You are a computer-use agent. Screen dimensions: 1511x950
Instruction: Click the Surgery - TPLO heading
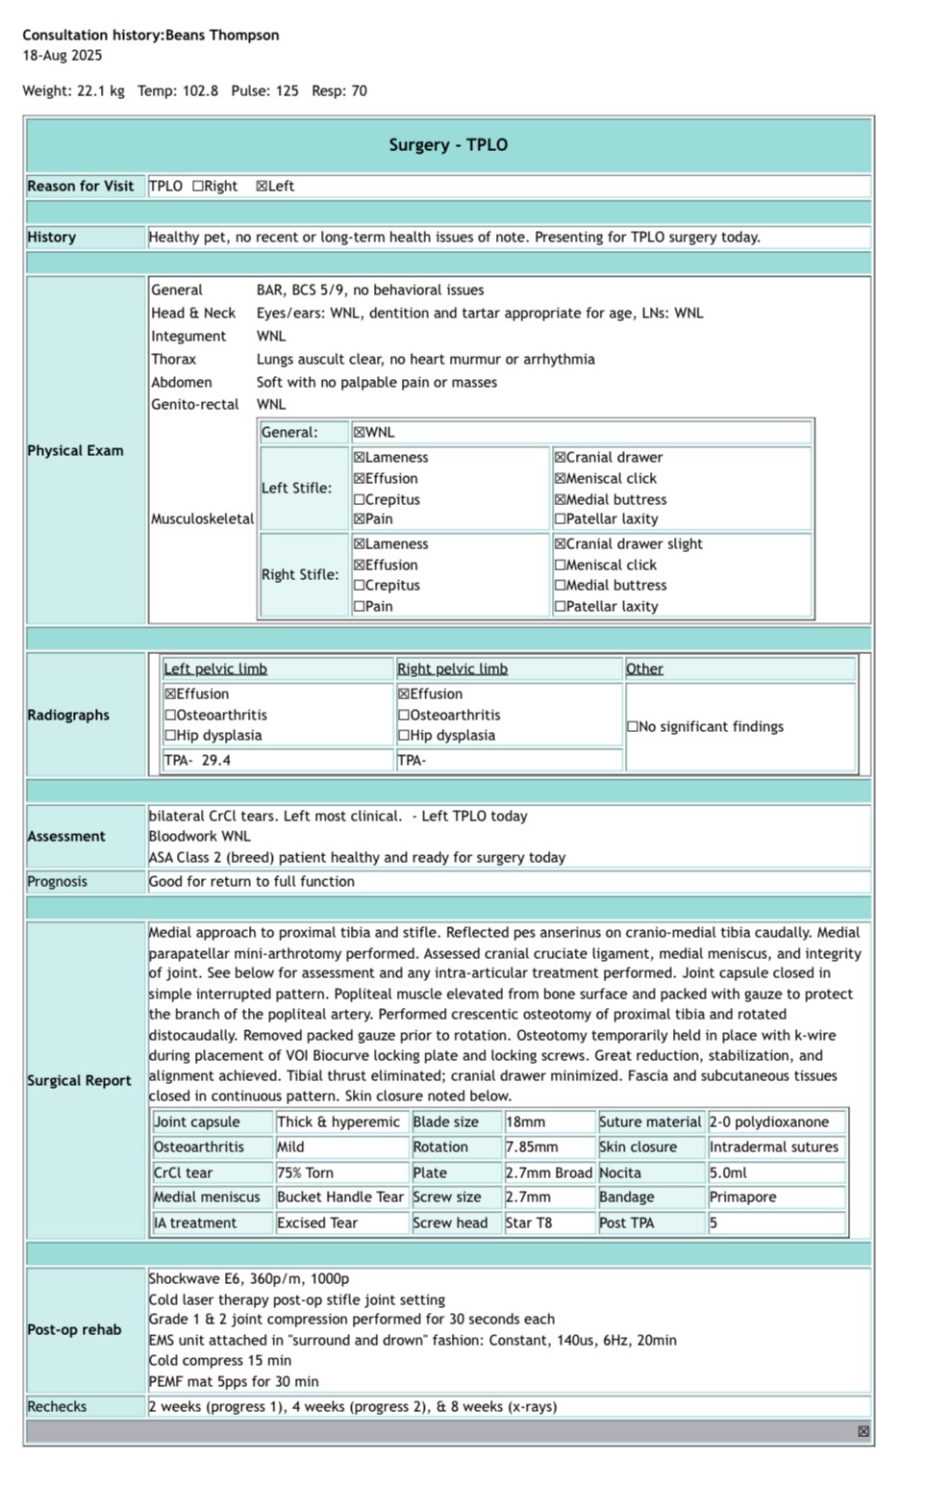click(x=448, y=145)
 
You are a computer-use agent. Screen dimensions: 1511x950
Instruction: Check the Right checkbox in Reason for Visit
click(x=198, y=187)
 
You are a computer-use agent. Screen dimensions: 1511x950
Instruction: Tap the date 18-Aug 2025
click(x=62, y=56)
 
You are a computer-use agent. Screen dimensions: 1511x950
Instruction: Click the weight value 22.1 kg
click(x=101, y=91)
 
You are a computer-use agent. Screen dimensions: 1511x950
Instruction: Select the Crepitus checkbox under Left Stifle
click(x=360, y=500)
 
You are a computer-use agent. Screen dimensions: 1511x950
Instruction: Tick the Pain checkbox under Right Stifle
click(x=360, y=607)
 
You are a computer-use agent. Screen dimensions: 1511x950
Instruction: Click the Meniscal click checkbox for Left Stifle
click(x=561, y=479)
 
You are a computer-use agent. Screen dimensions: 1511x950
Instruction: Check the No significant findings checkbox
click(x=633, y=727)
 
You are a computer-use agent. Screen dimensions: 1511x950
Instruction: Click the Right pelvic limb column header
click(x=452, y=669)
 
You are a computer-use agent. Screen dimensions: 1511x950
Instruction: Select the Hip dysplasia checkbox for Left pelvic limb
click(x=170, y=736)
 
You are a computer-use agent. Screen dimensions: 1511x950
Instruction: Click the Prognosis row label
click(x=58, y=882)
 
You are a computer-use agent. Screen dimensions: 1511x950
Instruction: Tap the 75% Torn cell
click(x=299, y=1173)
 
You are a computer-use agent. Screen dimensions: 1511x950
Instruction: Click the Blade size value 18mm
click(x=525, y=1122)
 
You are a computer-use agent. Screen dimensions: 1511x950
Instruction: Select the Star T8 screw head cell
click(x=529, y=1223)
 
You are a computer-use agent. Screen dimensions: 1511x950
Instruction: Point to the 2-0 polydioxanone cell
click(x=769, y=1122)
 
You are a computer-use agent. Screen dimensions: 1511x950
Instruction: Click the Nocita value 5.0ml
click(x=728, y=1173)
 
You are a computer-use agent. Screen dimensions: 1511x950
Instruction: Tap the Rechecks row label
click(x=57, y=1407)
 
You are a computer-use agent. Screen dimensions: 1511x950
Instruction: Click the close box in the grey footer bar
click(x=863, y=1432)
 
